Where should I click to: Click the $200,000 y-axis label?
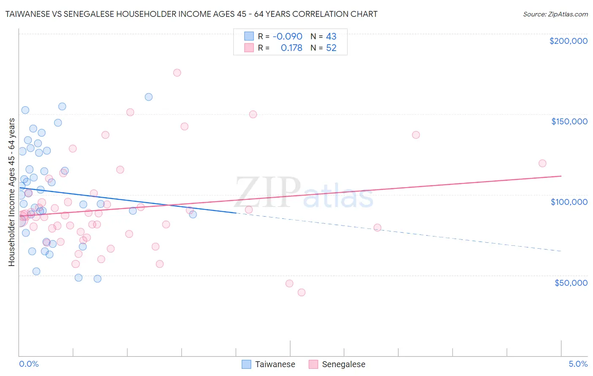pos(568,41)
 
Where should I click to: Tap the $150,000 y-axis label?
pos(569,121)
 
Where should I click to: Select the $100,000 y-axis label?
pos(569,202)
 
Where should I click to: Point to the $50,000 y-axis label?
pos(571,282)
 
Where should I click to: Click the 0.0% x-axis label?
pos(29,364)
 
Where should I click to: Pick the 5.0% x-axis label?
pos(578,364)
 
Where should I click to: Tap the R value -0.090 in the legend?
pos(287,36)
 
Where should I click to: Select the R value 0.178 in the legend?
pos(291,48)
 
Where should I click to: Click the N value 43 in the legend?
pos(331,36)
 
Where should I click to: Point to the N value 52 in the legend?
pos(331,48)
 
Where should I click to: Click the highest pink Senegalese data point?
pos(177,73)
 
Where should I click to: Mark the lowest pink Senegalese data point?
pos(302,292)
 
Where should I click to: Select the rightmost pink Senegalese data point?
pos(542,163)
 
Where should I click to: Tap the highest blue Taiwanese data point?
pos(148,97)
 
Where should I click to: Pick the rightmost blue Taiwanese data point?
pos(193,214)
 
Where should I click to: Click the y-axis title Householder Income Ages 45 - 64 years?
pos(12,192)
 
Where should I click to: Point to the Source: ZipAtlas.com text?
pos(555,14)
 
